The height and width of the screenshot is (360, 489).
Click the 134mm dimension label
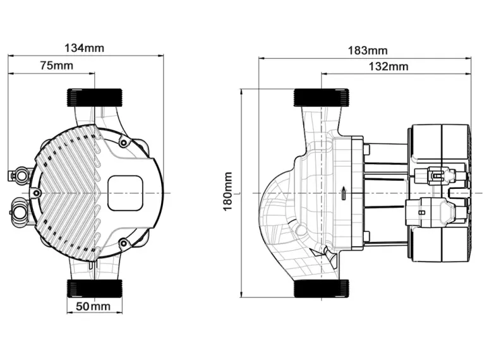85,47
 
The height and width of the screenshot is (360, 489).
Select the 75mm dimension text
56,65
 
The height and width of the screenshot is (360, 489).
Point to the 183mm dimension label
367,51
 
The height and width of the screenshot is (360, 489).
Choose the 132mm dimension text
388,66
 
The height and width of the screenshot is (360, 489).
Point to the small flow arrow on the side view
342,192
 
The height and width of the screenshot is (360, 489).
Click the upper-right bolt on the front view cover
123,144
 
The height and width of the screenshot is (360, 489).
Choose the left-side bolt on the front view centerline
37,192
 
